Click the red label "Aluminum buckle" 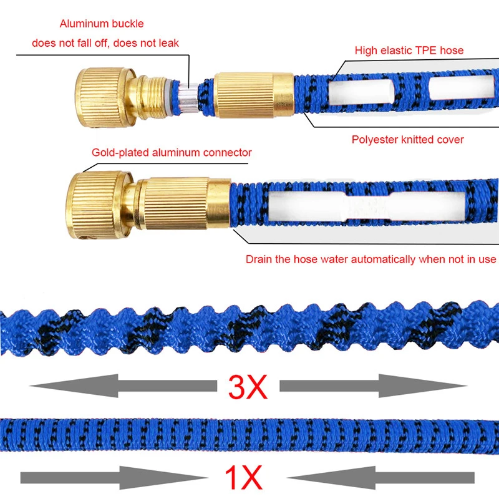tap(102, 24)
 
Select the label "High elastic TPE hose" tap(409, 50)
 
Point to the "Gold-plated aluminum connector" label tap(172, 152)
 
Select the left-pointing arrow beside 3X tap(119, 386)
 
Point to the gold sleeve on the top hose tap(253, 95)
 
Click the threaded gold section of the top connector tap(157, 94)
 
